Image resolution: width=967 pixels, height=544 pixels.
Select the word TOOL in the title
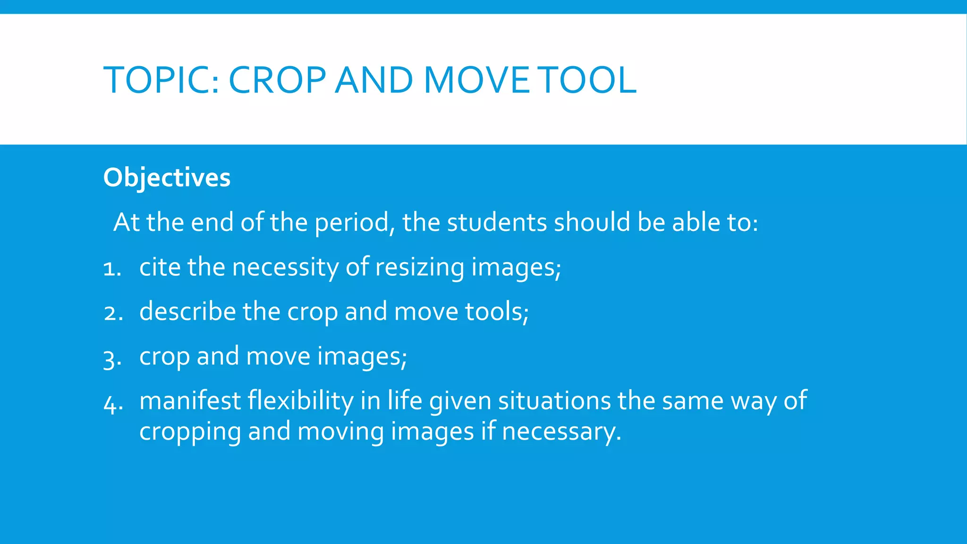[588, 80]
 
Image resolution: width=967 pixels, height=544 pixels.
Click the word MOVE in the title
[477, 80]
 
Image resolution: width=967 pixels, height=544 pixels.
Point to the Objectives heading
[167, 178]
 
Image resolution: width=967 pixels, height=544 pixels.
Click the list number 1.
[111, 269]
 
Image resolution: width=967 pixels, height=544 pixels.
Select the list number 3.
[112, 358]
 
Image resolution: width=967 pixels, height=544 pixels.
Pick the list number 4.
[112, 403]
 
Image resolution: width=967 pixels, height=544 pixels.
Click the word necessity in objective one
[285, 267]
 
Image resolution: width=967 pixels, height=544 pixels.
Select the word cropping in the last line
[190, 432]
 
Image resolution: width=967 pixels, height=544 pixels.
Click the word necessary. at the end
[561, 432]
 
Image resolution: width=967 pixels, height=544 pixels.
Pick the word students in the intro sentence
[497, 222]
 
